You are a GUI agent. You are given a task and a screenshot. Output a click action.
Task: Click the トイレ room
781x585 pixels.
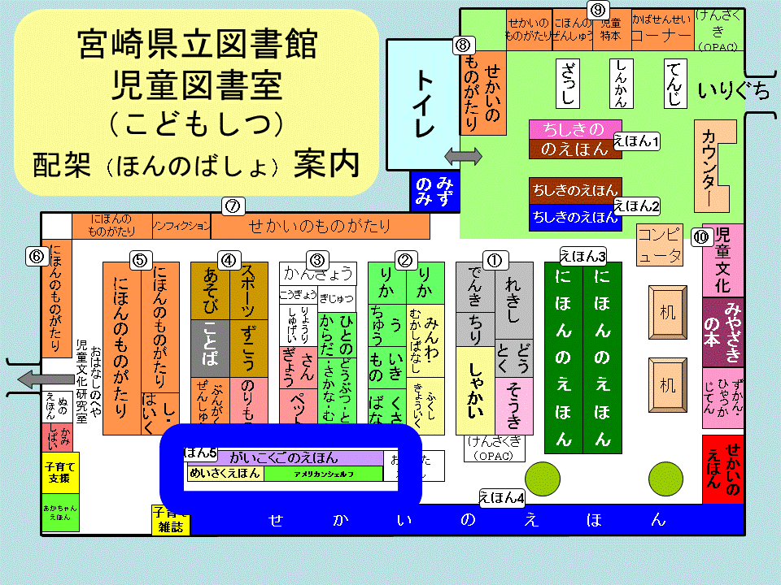(422, 104)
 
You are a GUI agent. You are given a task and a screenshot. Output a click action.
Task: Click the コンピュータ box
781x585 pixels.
(659, 246)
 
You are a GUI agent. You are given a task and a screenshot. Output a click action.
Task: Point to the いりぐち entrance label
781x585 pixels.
(733, 91)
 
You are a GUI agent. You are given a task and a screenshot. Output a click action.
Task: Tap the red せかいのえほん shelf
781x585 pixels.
(722, 469)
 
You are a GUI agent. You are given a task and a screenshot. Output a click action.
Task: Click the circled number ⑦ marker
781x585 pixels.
(233, 206)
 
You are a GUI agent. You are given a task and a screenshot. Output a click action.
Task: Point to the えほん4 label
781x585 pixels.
(501, 497)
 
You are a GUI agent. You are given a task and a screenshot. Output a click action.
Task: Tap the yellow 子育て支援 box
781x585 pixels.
(61, 472)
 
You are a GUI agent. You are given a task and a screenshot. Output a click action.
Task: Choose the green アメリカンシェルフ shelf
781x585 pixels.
(323, 474)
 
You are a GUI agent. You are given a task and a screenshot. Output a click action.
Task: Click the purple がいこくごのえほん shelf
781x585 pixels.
(284, 458)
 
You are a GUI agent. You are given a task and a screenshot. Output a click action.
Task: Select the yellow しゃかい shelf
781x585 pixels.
(475, 390)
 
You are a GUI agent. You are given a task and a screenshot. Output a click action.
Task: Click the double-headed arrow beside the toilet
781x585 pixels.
(463, 154)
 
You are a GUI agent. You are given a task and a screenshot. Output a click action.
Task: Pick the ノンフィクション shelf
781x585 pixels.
(182, 226)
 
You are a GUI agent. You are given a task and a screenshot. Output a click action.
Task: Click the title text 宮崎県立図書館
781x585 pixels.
(198, 45)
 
